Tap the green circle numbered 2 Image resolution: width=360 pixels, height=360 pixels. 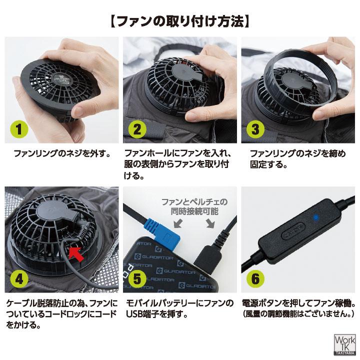pyautogui.click(x=137, y=129)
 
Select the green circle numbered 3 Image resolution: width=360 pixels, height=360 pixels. pyautogui.click(x=255, y=129)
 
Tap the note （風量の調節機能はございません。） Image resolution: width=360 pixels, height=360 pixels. pyautogui.click(x=298, y=314)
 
